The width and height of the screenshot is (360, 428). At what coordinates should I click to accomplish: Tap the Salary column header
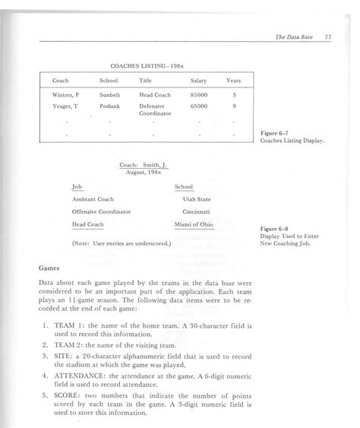click(x=198, y=80)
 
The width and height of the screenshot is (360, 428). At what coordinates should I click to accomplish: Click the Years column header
click(x=234, y=80)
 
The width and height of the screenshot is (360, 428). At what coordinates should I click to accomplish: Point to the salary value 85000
click(x=199, y=95)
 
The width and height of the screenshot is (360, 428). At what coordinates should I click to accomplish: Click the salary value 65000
click(x=199, y=106)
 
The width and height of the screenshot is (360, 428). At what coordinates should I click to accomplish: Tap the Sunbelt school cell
click(x=111, y=95)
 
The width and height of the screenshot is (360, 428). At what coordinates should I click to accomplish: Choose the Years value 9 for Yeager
click(x=234, y=106)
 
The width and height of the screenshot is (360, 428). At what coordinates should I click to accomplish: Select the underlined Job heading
click(x=76, y=187)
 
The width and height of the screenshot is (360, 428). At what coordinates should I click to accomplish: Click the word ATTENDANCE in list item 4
click(x=84, y=375)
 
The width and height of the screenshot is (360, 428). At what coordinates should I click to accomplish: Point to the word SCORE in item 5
click(x=70, y=397)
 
